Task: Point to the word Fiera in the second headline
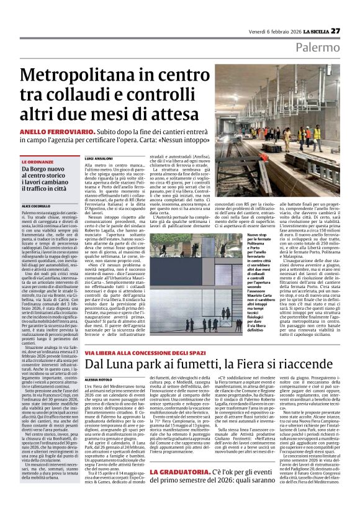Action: point(246,365)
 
